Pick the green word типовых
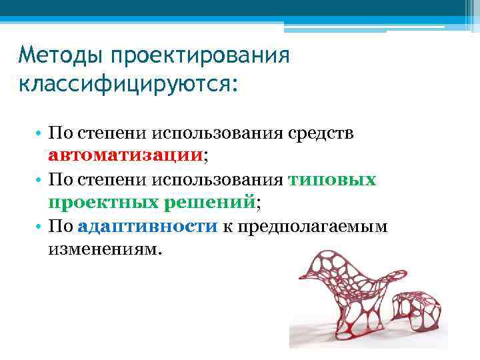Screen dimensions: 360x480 (x=333, y=179)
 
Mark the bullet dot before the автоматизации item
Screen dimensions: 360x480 (x=41, y=133)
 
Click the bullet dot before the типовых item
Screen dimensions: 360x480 (x=41, y=180)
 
